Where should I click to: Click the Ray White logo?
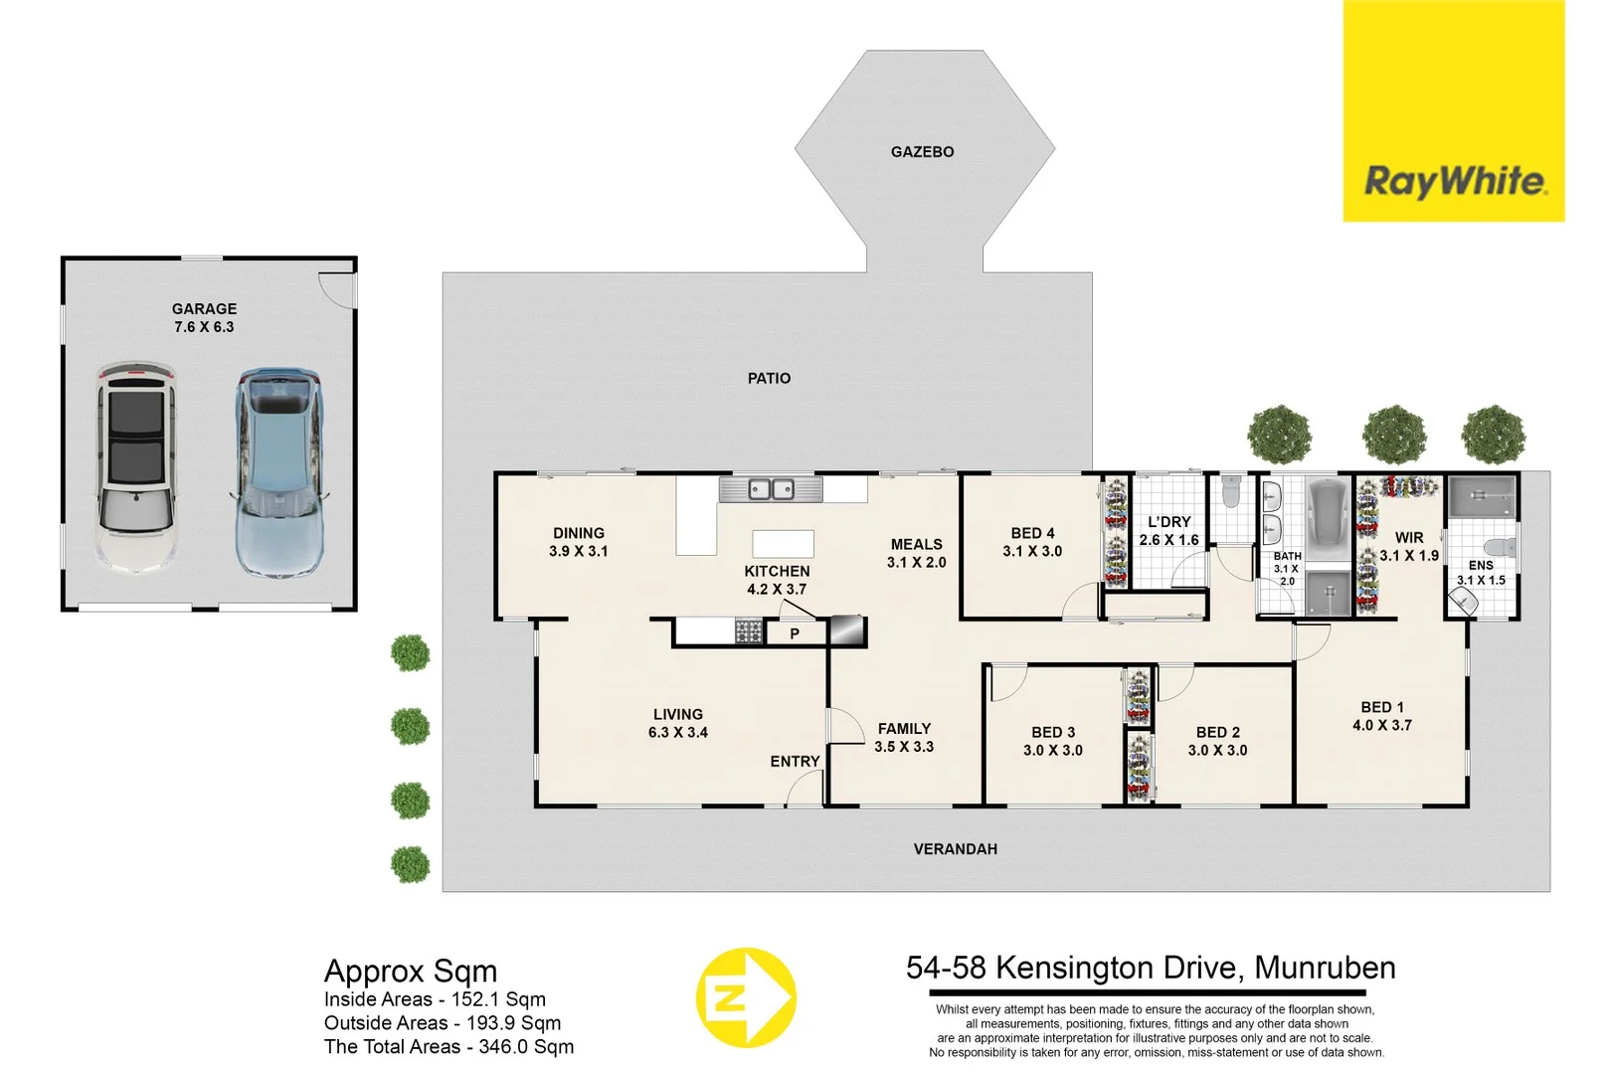(1453, 181)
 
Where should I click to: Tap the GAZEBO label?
(922, 152)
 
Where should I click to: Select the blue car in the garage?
(279, 471)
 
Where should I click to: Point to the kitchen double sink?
(771, 489)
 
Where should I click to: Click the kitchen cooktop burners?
(748, 631)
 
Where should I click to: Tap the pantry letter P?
(795, 633)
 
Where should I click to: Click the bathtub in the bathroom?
(1328, 519)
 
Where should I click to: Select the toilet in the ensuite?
(1499, 547)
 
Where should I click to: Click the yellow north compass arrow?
(745, 997)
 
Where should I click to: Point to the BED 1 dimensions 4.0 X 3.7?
(1381, 726)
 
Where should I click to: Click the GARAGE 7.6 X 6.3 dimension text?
(204, 327)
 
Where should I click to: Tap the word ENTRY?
(795, 762)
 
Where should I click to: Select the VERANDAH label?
(955, 849)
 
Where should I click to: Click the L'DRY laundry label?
(1168, 522)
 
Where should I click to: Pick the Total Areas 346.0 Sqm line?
(448, 1047)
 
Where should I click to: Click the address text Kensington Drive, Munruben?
(1151, 968)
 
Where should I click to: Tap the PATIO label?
(769, 378)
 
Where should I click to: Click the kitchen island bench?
(783, 543)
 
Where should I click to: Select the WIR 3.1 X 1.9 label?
(1408, 547)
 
